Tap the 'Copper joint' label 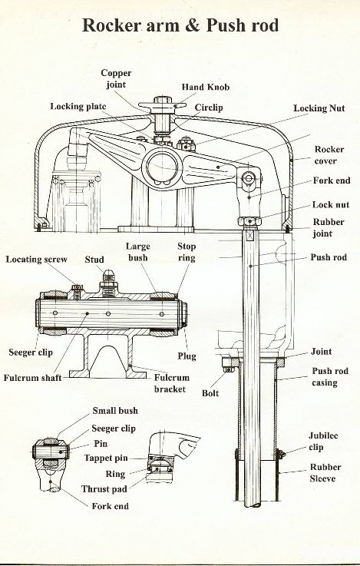116,79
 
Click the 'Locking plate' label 78,106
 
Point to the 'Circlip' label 209,108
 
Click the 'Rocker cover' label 329,155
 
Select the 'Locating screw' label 37,260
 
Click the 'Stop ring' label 187,253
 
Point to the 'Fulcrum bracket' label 171,384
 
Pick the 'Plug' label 187,356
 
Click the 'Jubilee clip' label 324,441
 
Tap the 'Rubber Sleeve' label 325,472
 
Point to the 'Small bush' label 115,411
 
